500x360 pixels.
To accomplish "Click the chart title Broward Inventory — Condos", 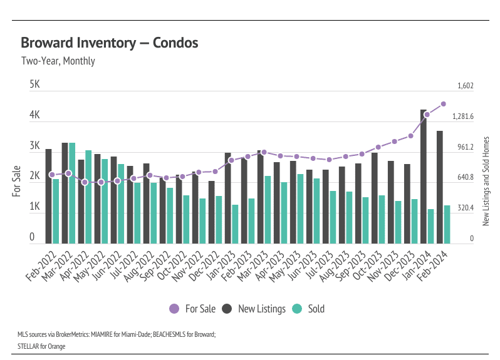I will tap(110, 43).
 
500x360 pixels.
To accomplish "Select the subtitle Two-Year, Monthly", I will tap(58, 61).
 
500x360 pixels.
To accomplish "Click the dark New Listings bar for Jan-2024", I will tap(424, 177).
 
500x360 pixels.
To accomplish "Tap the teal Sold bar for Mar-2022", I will tap(72, 193).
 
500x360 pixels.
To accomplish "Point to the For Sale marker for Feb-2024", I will tap(443, 104).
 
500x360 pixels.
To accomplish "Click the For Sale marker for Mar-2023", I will tap(264, 152).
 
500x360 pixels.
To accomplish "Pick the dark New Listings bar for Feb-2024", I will tap(440, 187).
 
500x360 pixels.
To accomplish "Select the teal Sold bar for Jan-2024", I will tap(431, 226).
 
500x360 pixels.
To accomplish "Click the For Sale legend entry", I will tap(193, 309).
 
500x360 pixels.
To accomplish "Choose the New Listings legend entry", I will tap(254, 309).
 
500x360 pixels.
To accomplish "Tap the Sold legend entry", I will tap(310, 309).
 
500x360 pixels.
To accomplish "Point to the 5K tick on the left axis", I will tap(35, 84).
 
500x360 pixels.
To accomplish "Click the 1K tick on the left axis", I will tap(35, 207).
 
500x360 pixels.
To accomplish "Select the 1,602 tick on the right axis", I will tap(465, 86).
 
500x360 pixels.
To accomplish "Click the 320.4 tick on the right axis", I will tap(465, 208).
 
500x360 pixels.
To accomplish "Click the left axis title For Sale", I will tap(17, 180).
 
